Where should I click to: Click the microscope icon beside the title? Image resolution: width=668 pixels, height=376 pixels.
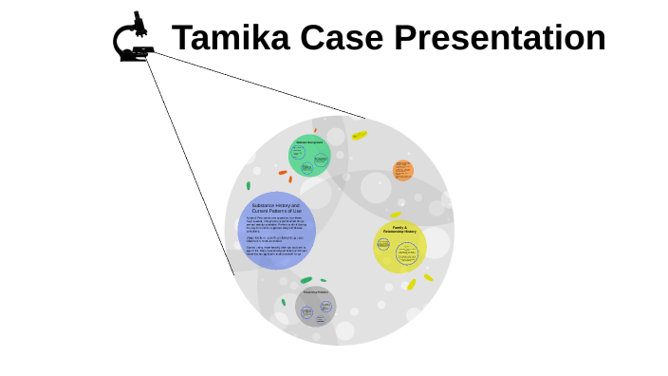(135, 39)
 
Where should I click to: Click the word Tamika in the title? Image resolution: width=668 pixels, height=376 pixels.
(230, 39)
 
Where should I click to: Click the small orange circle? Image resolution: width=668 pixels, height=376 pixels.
(403, 171)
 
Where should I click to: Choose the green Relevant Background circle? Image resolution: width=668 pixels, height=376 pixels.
(309, 156)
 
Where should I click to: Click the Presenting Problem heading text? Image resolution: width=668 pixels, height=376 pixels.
(315, 292)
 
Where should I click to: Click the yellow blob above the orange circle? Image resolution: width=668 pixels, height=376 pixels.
(360, 136)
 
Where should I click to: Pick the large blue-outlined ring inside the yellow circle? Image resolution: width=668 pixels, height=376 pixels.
(407, 253)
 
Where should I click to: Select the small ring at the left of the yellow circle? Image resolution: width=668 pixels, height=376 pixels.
(383, 244)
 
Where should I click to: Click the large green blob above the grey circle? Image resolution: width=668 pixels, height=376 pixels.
(306, 280)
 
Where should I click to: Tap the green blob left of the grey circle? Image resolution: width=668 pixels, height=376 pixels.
(283, 302)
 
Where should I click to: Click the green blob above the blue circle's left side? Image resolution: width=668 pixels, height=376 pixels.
(249, 186)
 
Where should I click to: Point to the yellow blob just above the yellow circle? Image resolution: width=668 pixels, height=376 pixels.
(396, 215)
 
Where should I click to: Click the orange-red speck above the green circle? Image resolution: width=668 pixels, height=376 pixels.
(315, 130)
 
